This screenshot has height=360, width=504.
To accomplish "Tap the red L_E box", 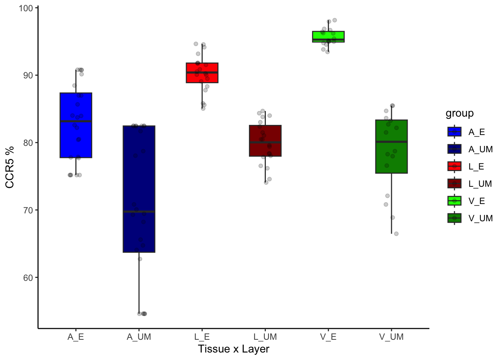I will [x=202, y=73].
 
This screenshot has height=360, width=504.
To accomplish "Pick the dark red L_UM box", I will [x=265, y=141].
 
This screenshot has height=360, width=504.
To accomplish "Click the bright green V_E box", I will [x=328, y=37].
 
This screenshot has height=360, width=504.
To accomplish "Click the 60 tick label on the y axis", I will [x=28, y=278].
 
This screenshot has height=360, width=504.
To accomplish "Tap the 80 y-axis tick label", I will [x=28, y=143].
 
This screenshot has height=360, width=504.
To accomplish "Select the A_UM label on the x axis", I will [x=139, y=337].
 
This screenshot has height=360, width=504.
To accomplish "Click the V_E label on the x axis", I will [x=328, y=337].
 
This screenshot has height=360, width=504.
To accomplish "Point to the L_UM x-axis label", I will [x=265, y=337].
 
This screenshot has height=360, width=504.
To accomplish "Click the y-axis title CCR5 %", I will [x=10, y=167].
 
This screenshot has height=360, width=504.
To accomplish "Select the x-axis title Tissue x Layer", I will [x=234, y=349].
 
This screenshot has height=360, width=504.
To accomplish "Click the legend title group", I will [x=459, y=113].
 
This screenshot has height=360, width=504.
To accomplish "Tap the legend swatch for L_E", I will [x=454, y=166].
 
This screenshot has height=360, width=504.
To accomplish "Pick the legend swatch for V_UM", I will [x=454, y=218].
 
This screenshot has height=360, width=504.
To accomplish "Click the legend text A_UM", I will [x=480, y=149].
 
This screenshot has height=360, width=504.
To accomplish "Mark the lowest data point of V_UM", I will [x=396, y=234].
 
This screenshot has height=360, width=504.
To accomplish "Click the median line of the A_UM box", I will [x=139, y=211].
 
